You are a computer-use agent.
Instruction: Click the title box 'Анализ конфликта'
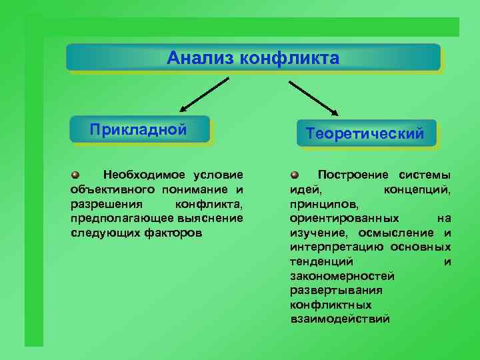click(253, 57)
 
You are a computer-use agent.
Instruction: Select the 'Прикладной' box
click(139, 129)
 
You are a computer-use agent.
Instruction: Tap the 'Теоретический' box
click(365, 133)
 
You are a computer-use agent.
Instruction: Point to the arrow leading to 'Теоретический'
click(313, 97)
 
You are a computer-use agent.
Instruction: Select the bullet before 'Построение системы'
click(295, 175)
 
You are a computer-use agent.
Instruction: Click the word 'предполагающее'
click(113, 218)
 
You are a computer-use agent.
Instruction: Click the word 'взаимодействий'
click(339, 319)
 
